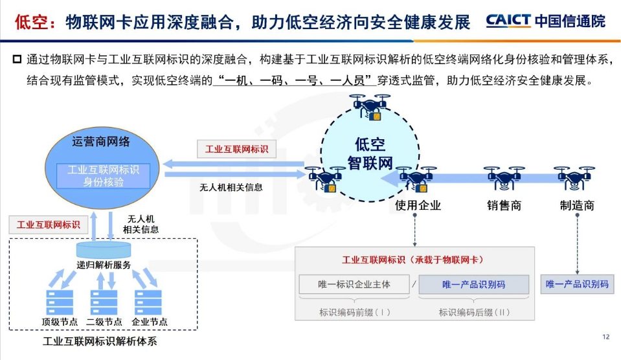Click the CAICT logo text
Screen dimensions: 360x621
click(508, 21)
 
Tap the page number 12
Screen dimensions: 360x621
click(605, 337)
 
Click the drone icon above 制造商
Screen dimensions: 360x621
click(574, 179)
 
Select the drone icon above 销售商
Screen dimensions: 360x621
click(504, 179)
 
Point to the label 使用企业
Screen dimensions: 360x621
click(418, 206)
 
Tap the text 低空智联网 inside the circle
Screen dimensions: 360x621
click(370, 153)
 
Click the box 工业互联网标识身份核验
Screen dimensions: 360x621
click(104, 175)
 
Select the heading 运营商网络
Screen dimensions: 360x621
click(101, 141)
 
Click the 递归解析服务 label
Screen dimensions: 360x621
click(104, 264)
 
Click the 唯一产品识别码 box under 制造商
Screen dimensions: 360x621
click(576, 284)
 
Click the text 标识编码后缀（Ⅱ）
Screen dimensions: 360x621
click(474, 312)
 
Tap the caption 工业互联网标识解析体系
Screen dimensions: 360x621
click(100, 341)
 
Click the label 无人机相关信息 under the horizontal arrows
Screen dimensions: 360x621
click(231, 188)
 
